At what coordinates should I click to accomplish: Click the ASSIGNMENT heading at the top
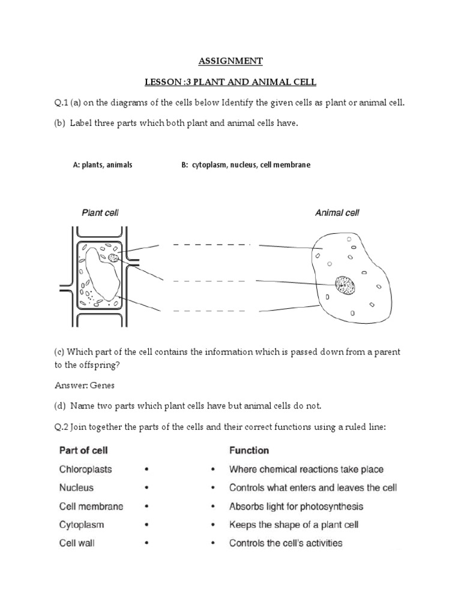(x=230, y=61)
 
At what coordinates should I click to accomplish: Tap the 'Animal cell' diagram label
(x=337, y=212)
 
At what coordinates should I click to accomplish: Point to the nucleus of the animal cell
(x=345, y=285)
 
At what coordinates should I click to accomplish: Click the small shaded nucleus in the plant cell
(x=113, y=258)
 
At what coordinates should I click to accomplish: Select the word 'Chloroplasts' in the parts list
(x=85, y=469)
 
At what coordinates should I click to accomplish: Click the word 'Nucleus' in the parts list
(x=76, y=488)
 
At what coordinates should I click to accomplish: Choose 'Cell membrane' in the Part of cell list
(x=91, y=507)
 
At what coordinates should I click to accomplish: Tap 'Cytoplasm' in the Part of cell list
(x=82, y=525)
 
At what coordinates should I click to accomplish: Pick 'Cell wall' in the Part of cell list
(x=77, y=543)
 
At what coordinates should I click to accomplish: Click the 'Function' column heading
(x=249, y=450)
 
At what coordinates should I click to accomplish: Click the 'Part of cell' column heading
(x=83, y=450)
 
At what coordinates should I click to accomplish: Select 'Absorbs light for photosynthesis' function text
(x=296, y=507)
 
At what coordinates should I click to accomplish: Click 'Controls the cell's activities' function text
(x=286, y=543)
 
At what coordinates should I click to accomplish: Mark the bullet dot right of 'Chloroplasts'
(x=146, y=470)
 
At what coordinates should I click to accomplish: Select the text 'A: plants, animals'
(x=102, y=165)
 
